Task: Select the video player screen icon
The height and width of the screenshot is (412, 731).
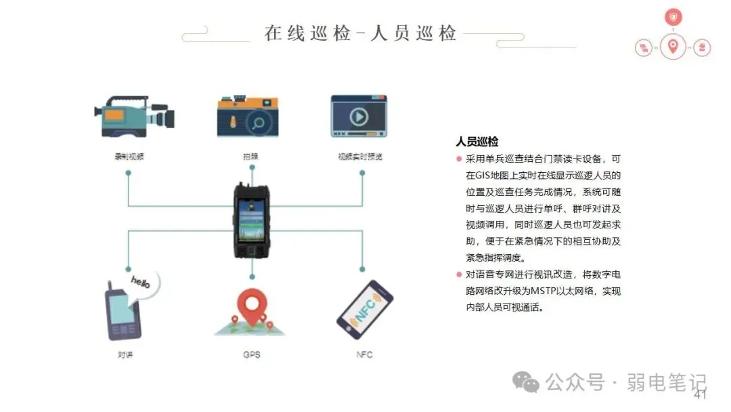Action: (x=359, y=117)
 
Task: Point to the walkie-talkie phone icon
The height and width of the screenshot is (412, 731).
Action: (x=122, y=314)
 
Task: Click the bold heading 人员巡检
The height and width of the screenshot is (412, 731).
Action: (x=477, y=142)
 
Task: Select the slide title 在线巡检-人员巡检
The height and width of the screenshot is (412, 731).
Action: (x=361, y=33)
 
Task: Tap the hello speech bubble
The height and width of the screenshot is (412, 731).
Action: (x=143, y=281)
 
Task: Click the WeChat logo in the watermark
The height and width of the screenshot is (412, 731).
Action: (x=525, y=383)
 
